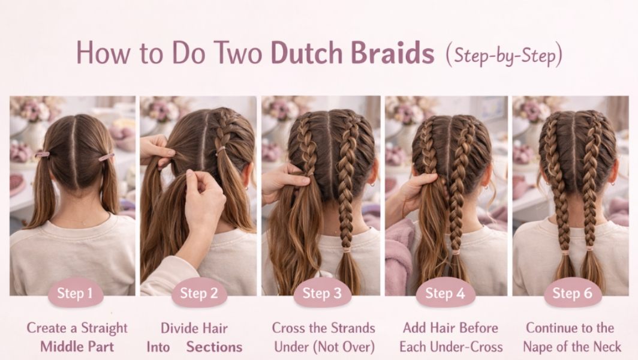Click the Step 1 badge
[75, 293]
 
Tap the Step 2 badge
[199, 293]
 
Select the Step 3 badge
[322, 293]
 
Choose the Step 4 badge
[445, 293]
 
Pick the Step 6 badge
[572, 293]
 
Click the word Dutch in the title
[305, 53]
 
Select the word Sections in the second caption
[214, 347]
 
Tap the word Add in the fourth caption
[415, 328]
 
